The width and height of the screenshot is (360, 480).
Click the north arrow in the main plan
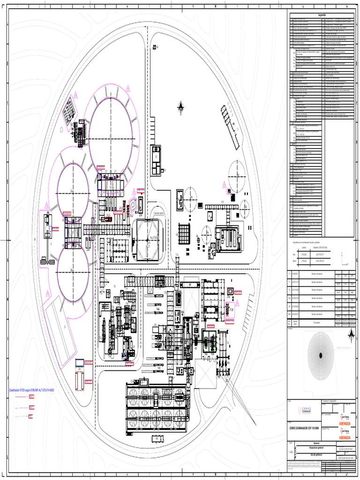point(180,108)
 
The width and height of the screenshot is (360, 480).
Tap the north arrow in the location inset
point(350,334)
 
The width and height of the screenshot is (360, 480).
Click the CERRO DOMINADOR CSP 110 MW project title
point(305,428)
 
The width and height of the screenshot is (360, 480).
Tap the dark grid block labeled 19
point(184,233)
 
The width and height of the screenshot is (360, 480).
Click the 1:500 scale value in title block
point(292,451)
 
